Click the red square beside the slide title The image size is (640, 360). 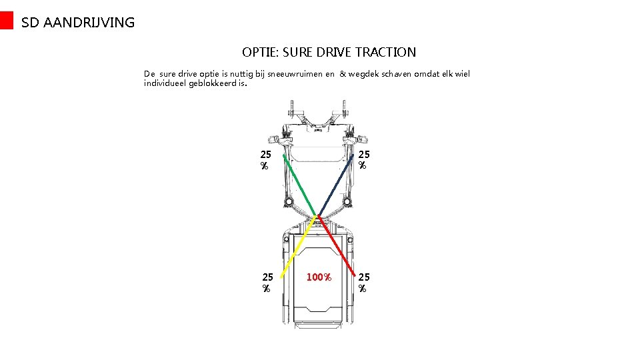click(6, 21)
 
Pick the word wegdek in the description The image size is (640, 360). click(362, 74)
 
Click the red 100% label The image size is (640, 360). click(319, 277)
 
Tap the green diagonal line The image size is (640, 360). click(299, 187)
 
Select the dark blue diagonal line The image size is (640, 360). click(335, 187)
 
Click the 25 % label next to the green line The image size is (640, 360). click(266, 159)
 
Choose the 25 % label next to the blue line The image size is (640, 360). click(363, 159)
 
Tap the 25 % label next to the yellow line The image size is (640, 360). click(267, 282)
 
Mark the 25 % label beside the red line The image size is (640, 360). click(364, 282)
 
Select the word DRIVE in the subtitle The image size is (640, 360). click(335, 52)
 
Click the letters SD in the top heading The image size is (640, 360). click(30, 23)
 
